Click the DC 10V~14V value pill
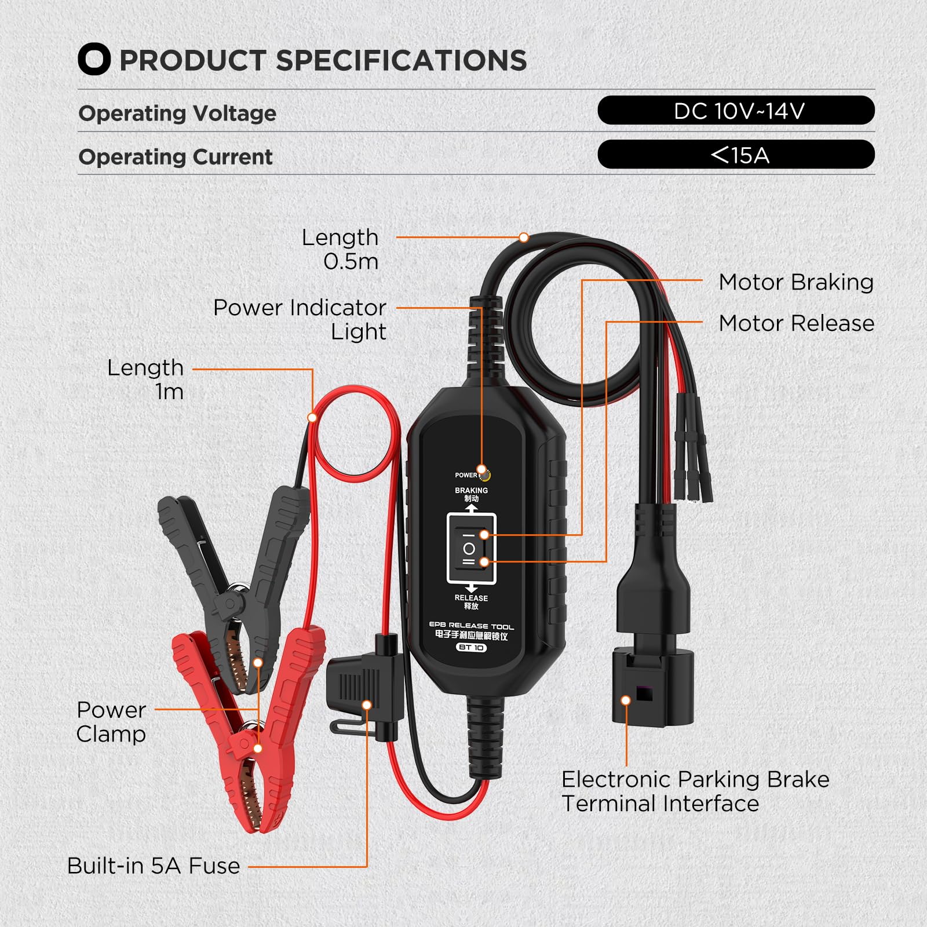[x=736, y=110]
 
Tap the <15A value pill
[x=736, y=155]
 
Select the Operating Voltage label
[x=177, y=113]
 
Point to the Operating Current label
[x=176, y=157]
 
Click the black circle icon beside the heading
[x=94, y=60]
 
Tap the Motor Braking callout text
[x=796, y=282]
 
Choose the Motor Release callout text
[x=796, y=323]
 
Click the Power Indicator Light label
[x=300, y=319]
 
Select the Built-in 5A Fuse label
[x=154, y=866]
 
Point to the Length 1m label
[x=145, y=379]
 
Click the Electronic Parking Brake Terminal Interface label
[x=695, y=791]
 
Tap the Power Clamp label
[x=111, y=722]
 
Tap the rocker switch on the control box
[x=471, y=548]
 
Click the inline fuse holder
[x=362, y=689]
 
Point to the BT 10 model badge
[x=471, y=647]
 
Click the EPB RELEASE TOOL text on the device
[x=471, y=626]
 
